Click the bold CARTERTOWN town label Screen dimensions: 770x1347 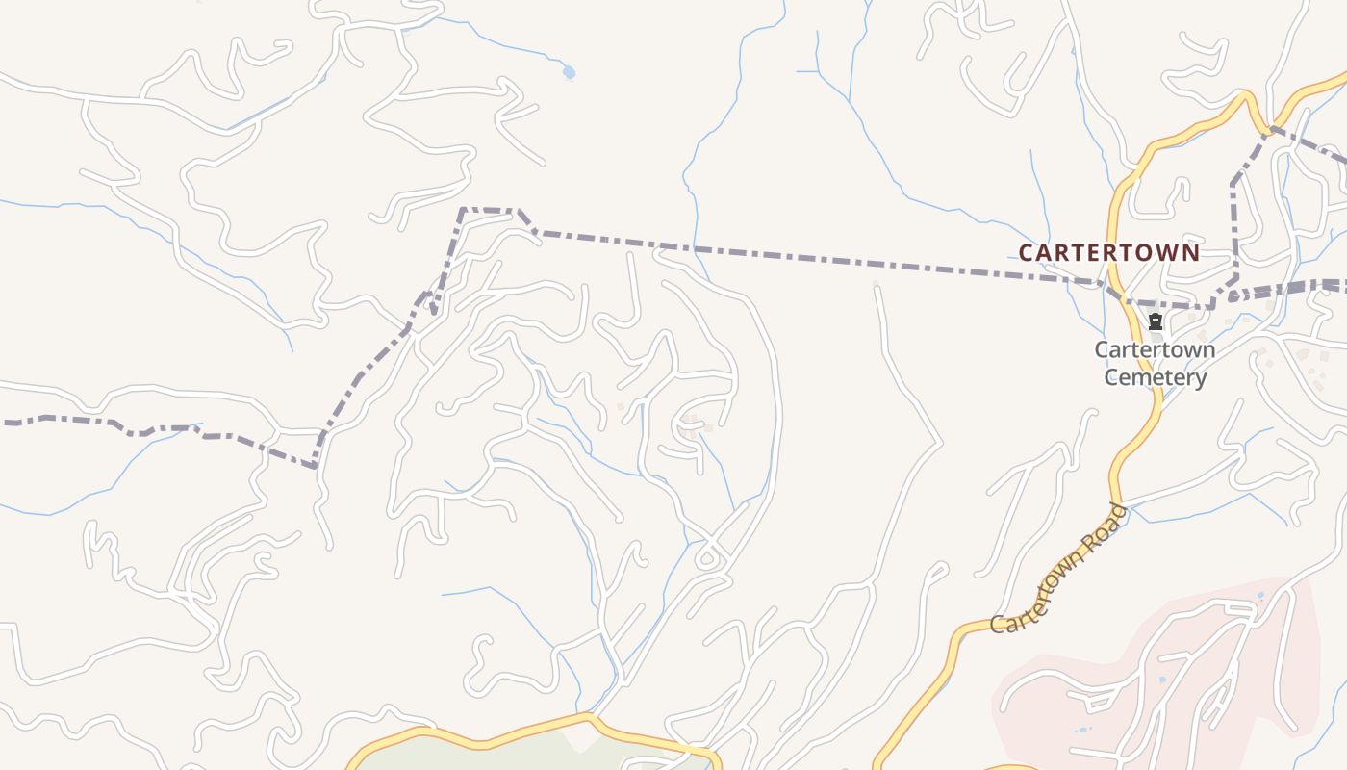point(1108,253)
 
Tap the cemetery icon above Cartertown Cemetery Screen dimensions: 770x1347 point(1155,321)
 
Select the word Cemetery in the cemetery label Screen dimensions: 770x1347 point(1155,377)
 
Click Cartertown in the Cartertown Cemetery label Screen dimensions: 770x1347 point(1155,349)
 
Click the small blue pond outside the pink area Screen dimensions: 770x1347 point(569,72)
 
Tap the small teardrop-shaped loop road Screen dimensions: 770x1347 point(709,557)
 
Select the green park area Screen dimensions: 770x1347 point(500,756)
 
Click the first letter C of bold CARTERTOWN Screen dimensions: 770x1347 point(1026,253)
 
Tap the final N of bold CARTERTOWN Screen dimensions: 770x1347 point(1191,253)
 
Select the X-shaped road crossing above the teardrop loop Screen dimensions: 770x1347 point(711,530)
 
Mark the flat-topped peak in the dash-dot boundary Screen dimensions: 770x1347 point(490,209)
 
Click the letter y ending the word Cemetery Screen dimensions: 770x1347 point(1200,379)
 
